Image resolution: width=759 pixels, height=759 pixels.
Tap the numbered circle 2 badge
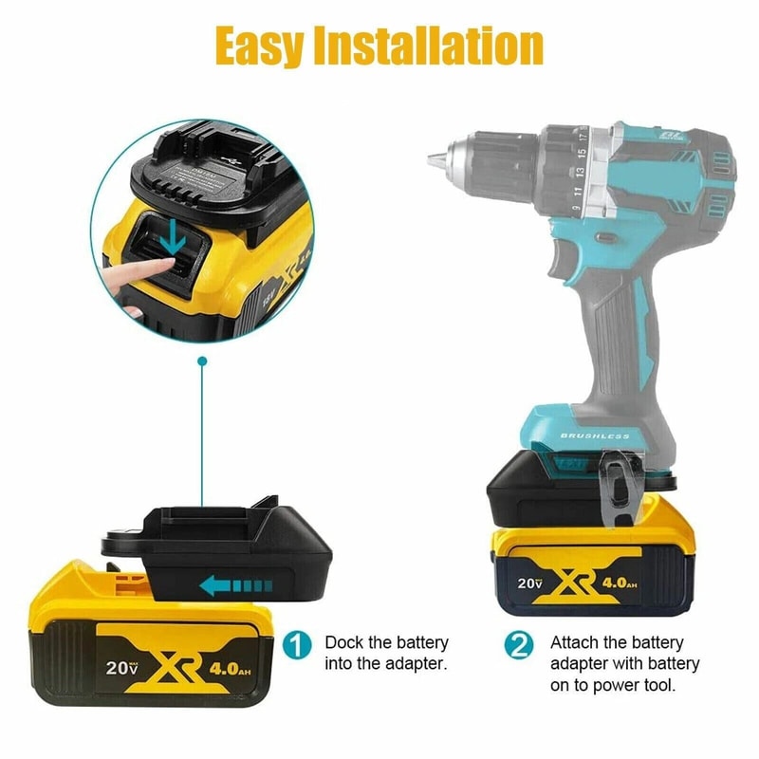click(519, 646)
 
